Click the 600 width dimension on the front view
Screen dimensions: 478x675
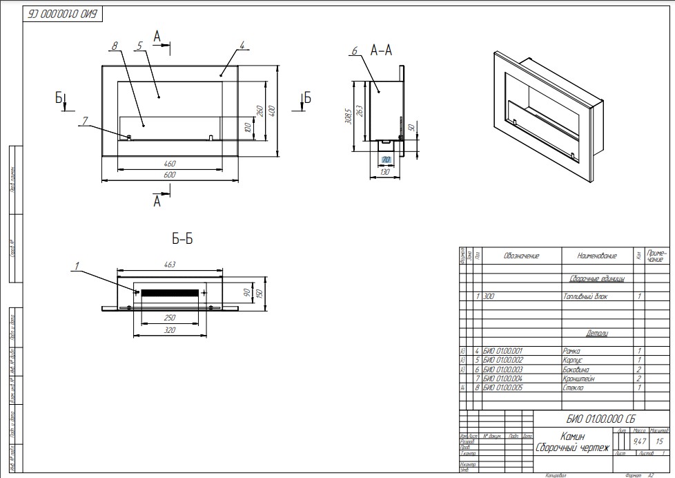[170, 175]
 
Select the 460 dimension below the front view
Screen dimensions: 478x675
[170, 164]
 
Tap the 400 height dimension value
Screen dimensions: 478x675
[272, 111]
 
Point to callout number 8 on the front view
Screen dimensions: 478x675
[115, 46]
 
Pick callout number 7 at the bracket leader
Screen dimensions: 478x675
[84, 121]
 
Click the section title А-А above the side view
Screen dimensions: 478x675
[381, 50]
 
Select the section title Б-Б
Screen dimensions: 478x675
[182, 239]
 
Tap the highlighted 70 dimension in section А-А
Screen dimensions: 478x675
[386, 160]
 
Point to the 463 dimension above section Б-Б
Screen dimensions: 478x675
[170, 264]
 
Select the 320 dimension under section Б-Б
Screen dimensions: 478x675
[170, 330]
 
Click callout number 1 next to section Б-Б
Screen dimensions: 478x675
[77, 265]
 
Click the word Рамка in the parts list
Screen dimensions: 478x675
[573, 351]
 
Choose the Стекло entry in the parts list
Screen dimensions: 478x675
[574, 388]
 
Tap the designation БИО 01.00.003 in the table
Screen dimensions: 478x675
[504, 370]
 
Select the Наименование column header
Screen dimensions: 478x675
[597, 256]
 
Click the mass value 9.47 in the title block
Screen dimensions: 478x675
[639, 441]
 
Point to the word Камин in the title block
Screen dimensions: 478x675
[572, 437]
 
